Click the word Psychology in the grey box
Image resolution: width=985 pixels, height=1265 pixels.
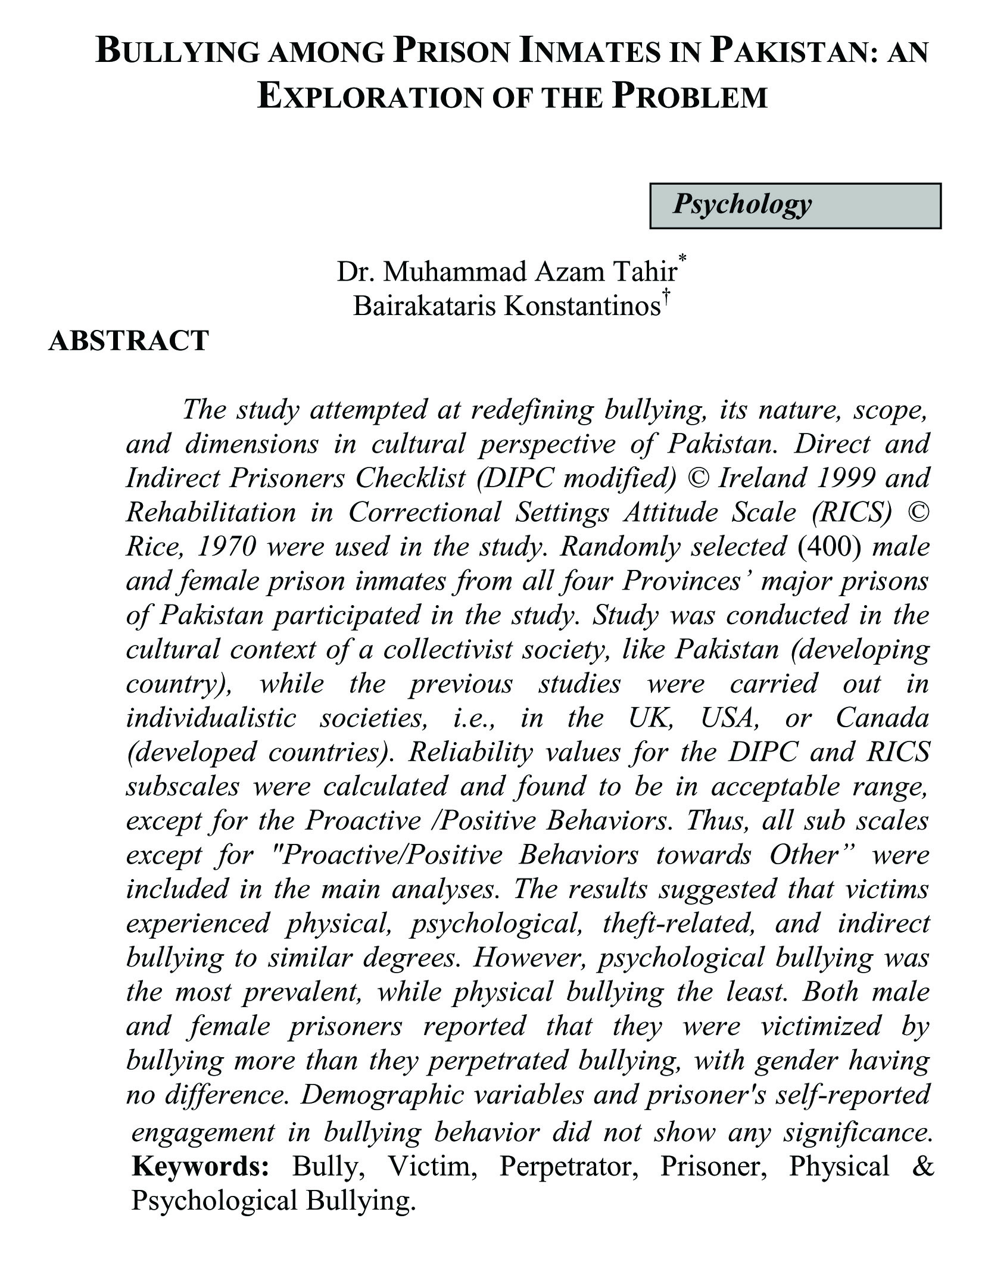(x=742, y=204)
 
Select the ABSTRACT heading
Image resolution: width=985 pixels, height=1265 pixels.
(x=128, y=341)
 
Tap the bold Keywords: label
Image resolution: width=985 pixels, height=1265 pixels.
(x=201, y=1166)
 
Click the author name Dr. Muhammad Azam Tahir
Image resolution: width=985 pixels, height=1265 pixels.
(x=507, y=272)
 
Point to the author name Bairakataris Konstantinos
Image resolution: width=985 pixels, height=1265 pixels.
(x=507, y=306)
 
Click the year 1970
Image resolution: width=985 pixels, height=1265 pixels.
(x=226, y=547)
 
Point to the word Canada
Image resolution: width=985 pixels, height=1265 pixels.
(x=882, y=718)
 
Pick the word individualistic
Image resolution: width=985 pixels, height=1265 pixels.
(x=211, y=718)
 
